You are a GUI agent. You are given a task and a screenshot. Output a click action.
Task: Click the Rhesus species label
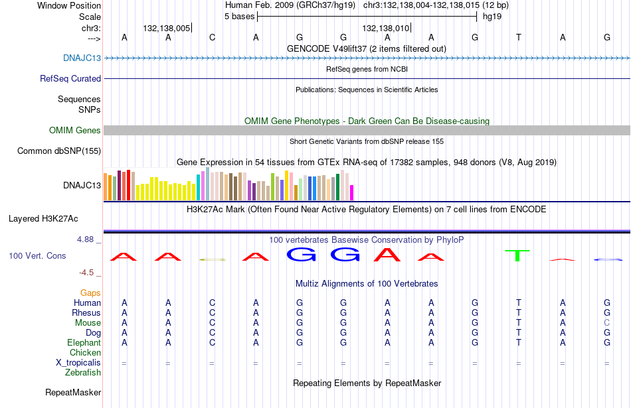pos(86,312)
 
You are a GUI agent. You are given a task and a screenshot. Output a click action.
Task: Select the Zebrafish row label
pos(83,373)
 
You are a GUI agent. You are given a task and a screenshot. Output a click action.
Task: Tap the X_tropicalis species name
pos(78,363)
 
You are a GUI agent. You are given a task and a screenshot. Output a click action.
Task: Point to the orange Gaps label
pos(90,293)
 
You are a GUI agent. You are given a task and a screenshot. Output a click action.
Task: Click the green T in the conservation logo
pos(517,255)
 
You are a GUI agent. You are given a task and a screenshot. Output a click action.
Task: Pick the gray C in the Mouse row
pos(607,323)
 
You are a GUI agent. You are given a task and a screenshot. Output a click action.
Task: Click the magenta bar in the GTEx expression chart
pos(352,192)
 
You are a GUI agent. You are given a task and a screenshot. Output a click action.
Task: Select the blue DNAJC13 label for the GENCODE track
pos(82,58)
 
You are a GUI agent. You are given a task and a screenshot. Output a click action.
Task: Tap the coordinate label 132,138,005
pos(166,28)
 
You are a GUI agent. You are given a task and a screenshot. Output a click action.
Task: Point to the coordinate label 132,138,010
pos(385,28)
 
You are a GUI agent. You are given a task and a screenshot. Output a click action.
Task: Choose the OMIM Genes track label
pos(75,130)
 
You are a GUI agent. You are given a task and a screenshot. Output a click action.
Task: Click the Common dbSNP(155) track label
pos(59,151)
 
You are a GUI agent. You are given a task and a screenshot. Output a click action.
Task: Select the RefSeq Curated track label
pos(70,79)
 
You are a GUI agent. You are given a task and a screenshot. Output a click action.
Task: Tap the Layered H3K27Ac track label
pos(43,219)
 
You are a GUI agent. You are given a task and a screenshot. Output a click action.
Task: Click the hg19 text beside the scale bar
pos(492,17)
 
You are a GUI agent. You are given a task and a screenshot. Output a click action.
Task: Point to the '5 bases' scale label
pos(239,17)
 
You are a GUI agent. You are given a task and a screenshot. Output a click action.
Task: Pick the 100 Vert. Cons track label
pos(37,255)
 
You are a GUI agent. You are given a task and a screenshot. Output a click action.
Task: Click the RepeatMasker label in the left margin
pos(73,392)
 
